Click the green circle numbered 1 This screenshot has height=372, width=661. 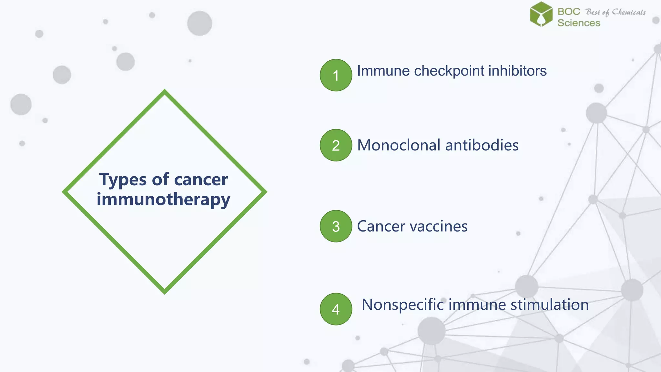pyautogui.click(x=336, y=75)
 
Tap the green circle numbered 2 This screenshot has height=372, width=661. pyautogui.click(x=336, y=145)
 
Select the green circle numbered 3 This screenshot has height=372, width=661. pyautogui.click(x=336, y=226)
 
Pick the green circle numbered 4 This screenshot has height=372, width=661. pyautogui.click(x=336, y=309)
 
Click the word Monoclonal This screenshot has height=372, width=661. pyautogui.click(x=399, y=145)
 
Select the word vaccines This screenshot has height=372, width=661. pyautogui.click(x=437, y=226)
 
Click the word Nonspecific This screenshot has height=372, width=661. pyautogui.click(x=402, y=305)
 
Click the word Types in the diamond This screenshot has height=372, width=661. pyautogui.click(x=123, y=180)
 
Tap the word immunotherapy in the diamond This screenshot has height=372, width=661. pyautogui.click(x=163, y=199)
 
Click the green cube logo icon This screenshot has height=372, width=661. pyautogui.click(x=541, y=14)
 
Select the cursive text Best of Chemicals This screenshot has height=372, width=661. pyautogui.click(x=615, y=12)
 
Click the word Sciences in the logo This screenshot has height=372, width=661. pyautogui.click(x=579, y=23)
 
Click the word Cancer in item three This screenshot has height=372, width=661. pyautogui.click(x=381, y=226)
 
